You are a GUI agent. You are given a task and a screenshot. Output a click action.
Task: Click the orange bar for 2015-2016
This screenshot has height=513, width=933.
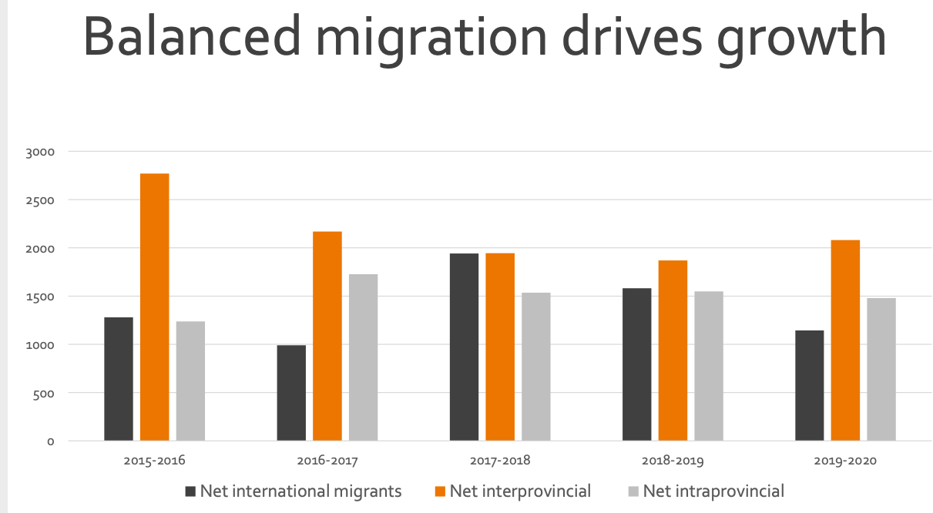point(154,307)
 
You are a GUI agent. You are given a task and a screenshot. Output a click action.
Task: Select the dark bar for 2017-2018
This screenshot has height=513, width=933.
point(464,347)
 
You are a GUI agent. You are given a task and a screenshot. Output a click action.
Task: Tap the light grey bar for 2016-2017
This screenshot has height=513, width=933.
point(363,357)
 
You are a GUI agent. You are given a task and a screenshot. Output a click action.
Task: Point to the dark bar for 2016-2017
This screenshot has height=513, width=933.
point(291,393)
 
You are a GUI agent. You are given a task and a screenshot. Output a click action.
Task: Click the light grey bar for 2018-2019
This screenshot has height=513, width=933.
point(708,366)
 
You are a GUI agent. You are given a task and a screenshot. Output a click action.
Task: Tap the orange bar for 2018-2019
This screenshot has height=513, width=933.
point(673,350)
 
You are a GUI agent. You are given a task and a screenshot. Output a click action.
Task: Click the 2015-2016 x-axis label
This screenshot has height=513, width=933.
point(154,461)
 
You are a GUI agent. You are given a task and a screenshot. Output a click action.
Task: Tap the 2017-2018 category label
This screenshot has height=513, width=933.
point(500,461)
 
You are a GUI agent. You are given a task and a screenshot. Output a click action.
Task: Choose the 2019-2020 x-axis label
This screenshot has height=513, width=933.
point(845,461)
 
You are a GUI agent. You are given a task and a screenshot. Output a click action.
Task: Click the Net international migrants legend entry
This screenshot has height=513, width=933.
point(300,491)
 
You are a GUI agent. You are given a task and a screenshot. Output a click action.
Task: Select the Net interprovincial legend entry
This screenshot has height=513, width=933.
point(520,491)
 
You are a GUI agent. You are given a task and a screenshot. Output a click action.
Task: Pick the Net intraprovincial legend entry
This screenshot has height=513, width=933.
point(713,491)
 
